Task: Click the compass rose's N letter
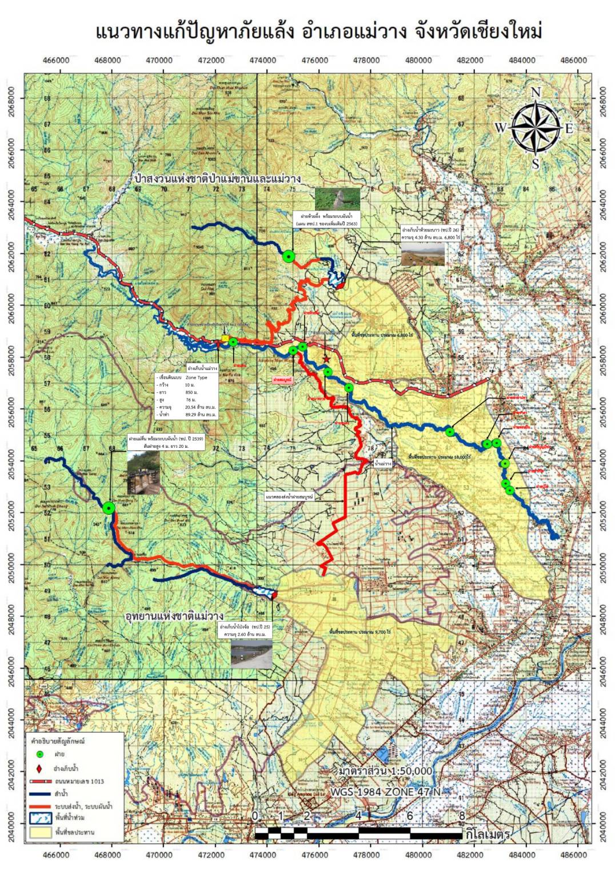[536, 93]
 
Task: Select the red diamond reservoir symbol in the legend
[39, 768]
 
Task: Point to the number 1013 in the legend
[94, 781]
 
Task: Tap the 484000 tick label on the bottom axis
[522, 855]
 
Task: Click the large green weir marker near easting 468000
[109, 507]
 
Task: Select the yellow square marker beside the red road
[225, 339]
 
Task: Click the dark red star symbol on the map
[326, 359]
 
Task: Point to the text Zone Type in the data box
[197, 378]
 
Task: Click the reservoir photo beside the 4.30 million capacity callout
[422, 253]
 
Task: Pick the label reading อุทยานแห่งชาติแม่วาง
[174, 617]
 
